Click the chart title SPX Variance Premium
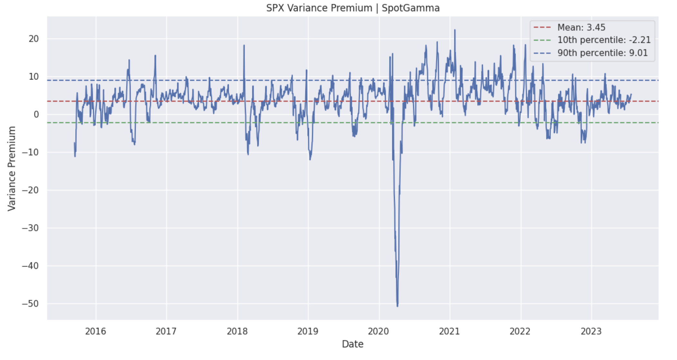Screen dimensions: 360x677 [x=319, y=8]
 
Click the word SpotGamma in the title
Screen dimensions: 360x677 [x=411, y=8]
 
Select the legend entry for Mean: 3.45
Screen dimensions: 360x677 [x=581, y=27]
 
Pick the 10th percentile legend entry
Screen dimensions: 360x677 [x=604, y=40]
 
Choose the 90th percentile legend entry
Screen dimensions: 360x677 [x=602, y=53]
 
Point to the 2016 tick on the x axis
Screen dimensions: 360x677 [x=96, y=331]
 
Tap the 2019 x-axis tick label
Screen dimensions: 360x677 [x=308, y=331]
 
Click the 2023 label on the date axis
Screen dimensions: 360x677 [x=591, y=331]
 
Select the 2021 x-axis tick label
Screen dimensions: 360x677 [x=450, y=331]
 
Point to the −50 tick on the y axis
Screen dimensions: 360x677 [x=30, y=304]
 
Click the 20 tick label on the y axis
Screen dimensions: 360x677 [x=33, y=39]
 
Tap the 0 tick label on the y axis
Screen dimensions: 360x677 [x=36, y=115]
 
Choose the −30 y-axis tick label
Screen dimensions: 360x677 [x=30, y=228]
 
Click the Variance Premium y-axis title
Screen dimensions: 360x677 [x=12, y=168]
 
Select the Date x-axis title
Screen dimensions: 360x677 [x=353, y=344]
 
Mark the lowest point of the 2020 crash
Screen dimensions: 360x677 [x=397, y=306]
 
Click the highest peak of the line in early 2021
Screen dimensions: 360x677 [x=455, y=30]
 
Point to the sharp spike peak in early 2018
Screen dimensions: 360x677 [x=244, y=45]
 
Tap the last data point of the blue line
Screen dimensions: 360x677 [x=631, y=94]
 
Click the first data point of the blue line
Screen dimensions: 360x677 [x=74, y=143]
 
